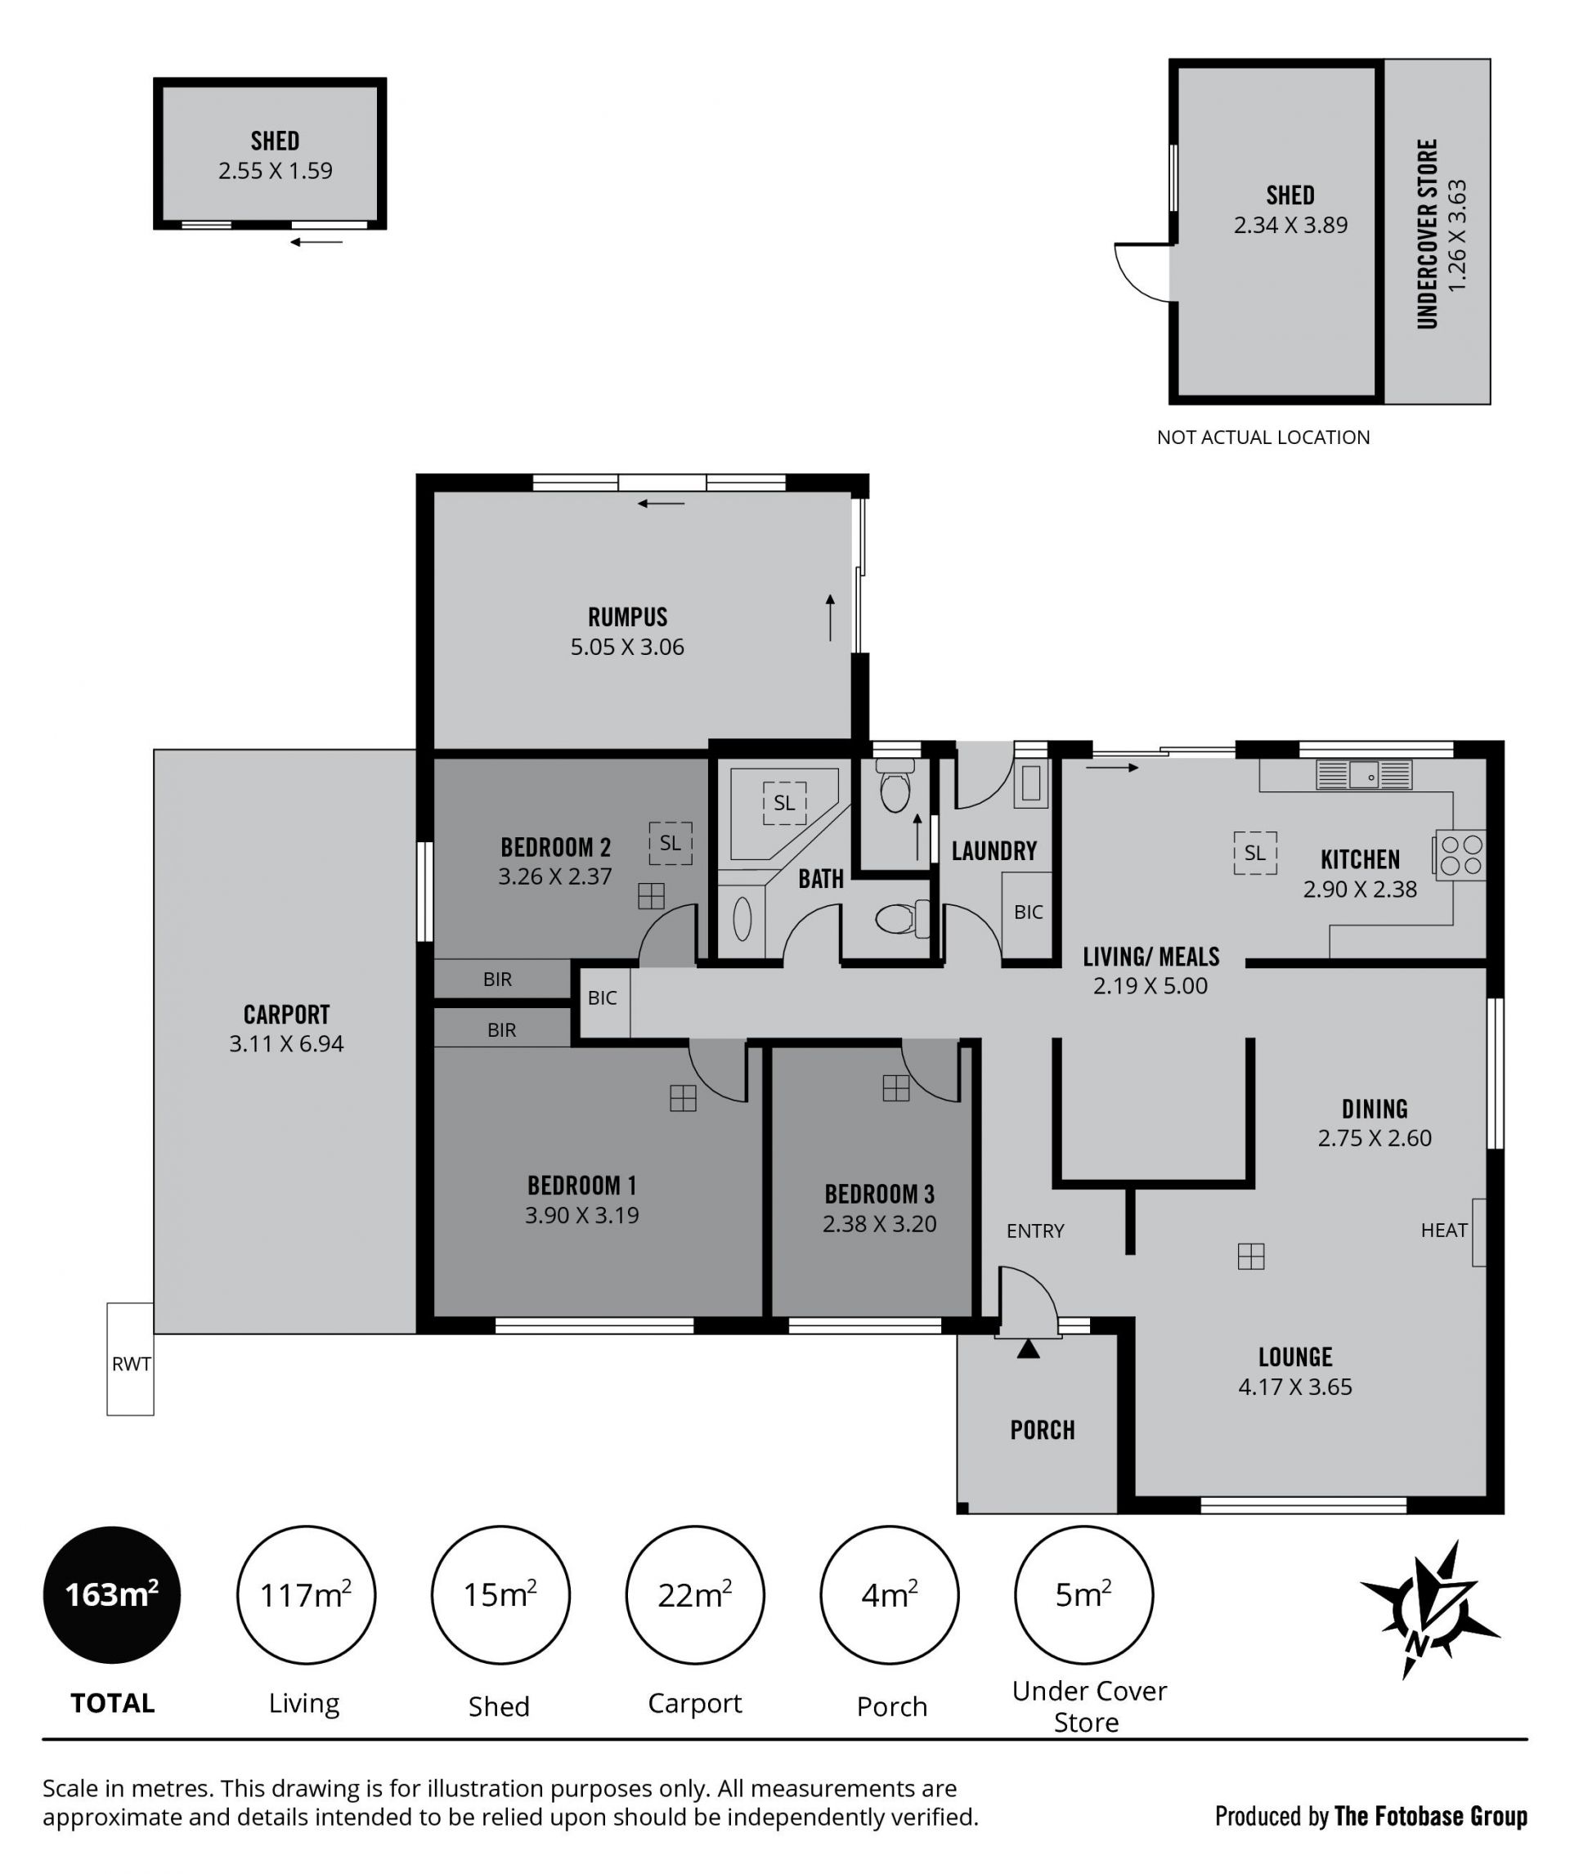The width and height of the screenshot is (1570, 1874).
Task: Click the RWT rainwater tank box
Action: click(x=130, y=1359)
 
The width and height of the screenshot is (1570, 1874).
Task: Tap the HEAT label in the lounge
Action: click(x=1443, y=1231)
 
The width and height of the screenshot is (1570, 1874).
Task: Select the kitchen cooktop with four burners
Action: click(x=1460, y=855)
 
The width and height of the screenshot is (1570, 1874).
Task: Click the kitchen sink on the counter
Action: click(x=1364, y=774)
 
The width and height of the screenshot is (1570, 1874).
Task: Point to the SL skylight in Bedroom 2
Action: click(x=671, y=842)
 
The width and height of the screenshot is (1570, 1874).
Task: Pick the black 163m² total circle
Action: click(x=111, y=1594)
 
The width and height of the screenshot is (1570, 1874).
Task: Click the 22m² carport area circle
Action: click(x=695, y=1594)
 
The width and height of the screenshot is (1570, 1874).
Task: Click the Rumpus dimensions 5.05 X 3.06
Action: click(x=627, y=647)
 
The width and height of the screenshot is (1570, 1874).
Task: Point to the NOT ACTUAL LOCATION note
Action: click(x=1263, y=437)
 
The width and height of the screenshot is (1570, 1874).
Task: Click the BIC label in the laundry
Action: click(x=1028, y=912)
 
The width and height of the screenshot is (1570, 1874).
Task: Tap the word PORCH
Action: click(x=1043, y=1431)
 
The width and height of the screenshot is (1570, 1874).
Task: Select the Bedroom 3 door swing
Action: click(x=931, y=1071)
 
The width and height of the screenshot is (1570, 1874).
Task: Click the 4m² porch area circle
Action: click(x=890, y=1594)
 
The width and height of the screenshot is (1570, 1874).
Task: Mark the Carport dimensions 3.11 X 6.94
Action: click(x=286, y=1043)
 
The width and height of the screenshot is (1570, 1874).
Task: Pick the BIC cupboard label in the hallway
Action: click(x=603, y=998)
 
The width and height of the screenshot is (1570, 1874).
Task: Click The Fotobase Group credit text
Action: click(x=1431, y=1816)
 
